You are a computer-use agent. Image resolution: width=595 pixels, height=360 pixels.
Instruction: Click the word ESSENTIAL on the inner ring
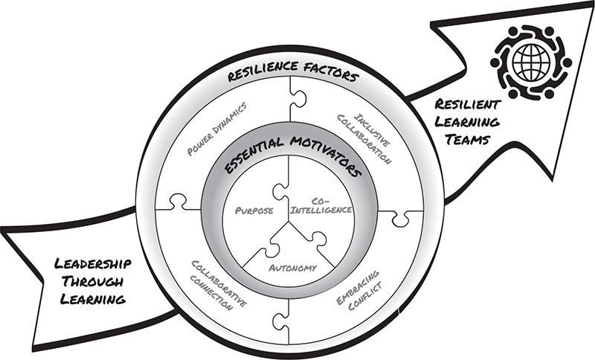click(x=251, y=166)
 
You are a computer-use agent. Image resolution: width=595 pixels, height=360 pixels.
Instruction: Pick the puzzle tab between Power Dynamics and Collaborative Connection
click(x=177, y=202)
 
